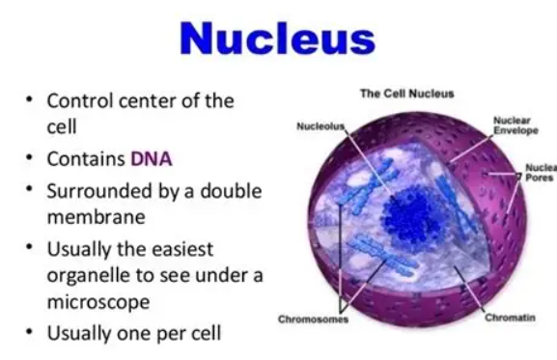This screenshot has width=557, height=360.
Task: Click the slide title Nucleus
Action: (278, 38)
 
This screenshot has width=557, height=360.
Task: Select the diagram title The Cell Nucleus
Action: (406, 94)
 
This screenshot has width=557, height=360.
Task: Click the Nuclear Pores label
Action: (540, 172)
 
